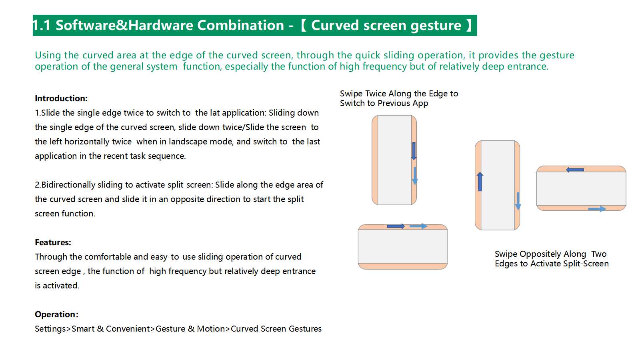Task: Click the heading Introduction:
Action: [x=61, y=98]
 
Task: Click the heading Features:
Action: [x=53, y=242]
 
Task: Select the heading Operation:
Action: [x=56, y=314]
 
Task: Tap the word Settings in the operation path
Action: [x=50, y=329]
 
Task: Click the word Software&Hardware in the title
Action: [x=124, y=25]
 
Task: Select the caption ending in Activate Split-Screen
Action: [x=552, y=258]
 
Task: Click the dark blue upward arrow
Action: [x=480, y=182]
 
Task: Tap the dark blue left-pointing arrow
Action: [x=575, y=170]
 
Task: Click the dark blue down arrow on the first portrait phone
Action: [x=414, y=151]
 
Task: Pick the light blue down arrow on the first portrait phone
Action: [x=415, y=176]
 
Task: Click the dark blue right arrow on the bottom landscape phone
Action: [x=396, y=226]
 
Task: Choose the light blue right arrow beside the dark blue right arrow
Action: [x=418, y=226]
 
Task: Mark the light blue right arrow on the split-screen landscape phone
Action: [x=597, y=209]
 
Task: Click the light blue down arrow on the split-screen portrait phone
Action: [x=518, y=201]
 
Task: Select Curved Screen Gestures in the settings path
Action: [x=276, y=329]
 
